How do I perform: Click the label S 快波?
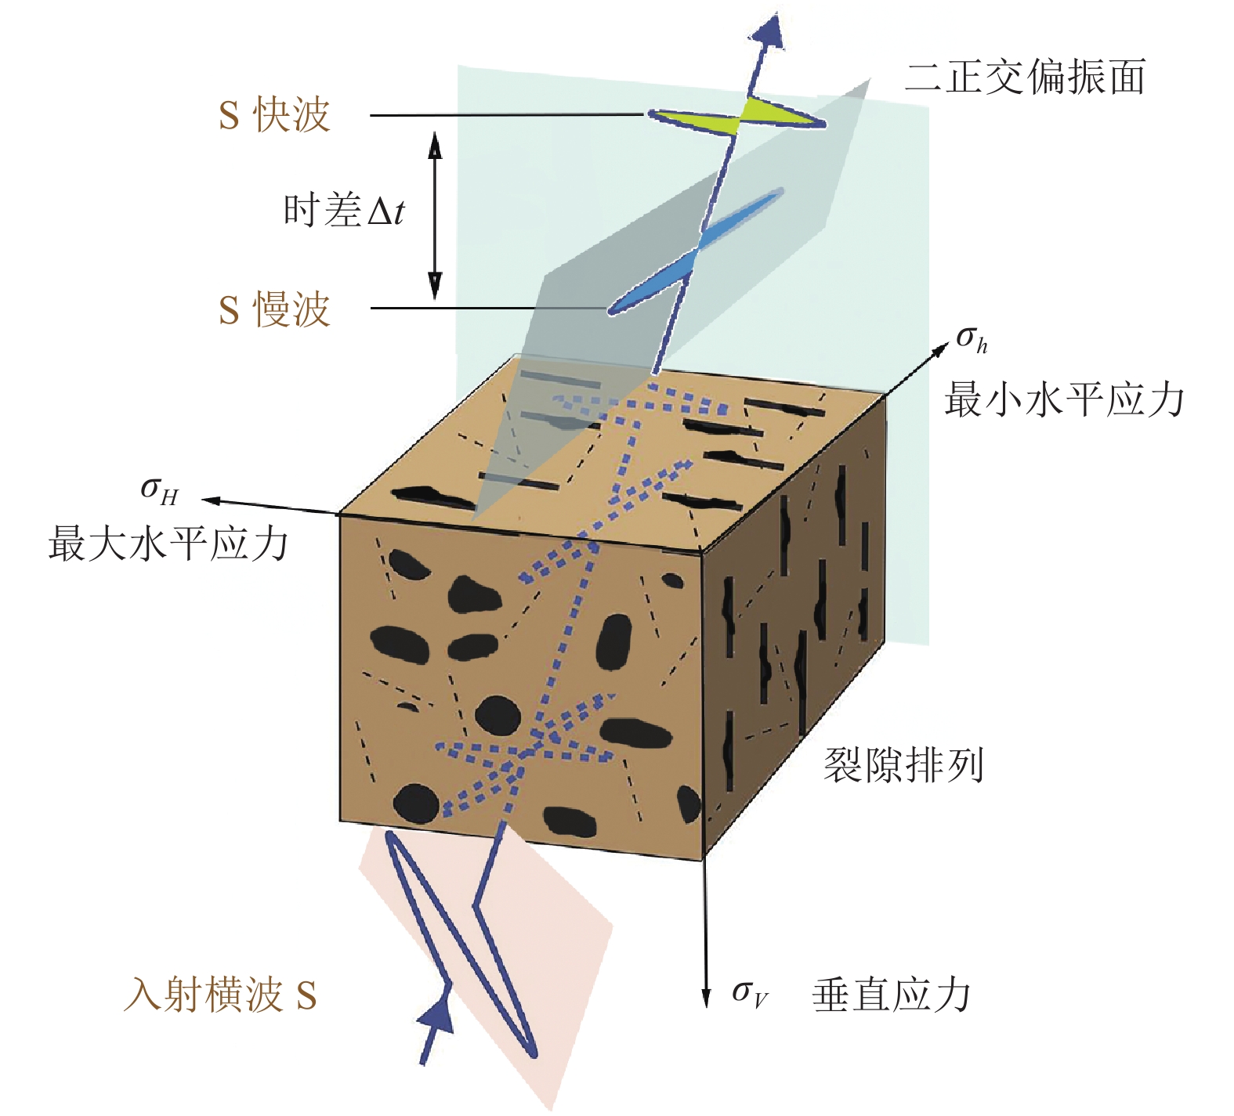pyautogui.click(x=273, y=115)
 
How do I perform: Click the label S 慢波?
pyautogui.click(x=273, y=309)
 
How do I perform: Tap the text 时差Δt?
pyautogui.click(x=344, y=211)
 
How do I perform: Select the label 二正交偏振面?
pyautogui.click(x=1025, y=78)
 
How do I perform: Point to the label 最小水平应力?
pyautogui.click(x=1063, y=399)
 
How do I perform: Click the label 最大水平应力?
pyautogui.click(x=168, y=544)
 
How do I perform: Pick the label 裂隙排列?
pyautogui.click(x=903, y=765)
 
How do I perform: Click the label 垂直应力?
pyautogui.click(x=892, y=995)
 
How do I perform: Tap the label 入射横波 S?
pyautogui.click(x=220, y=996)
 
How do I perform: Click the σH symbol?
pyautogui.click(x=159, y=491)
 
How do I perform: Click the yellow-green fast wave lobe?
pyautogui.click(x=772, y=113)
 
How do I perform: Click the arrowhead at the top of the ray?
pyautogui.click(x=767, y=31)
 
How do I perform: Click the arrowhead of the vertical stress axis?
pyautogui.click(x=705, y=999)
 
